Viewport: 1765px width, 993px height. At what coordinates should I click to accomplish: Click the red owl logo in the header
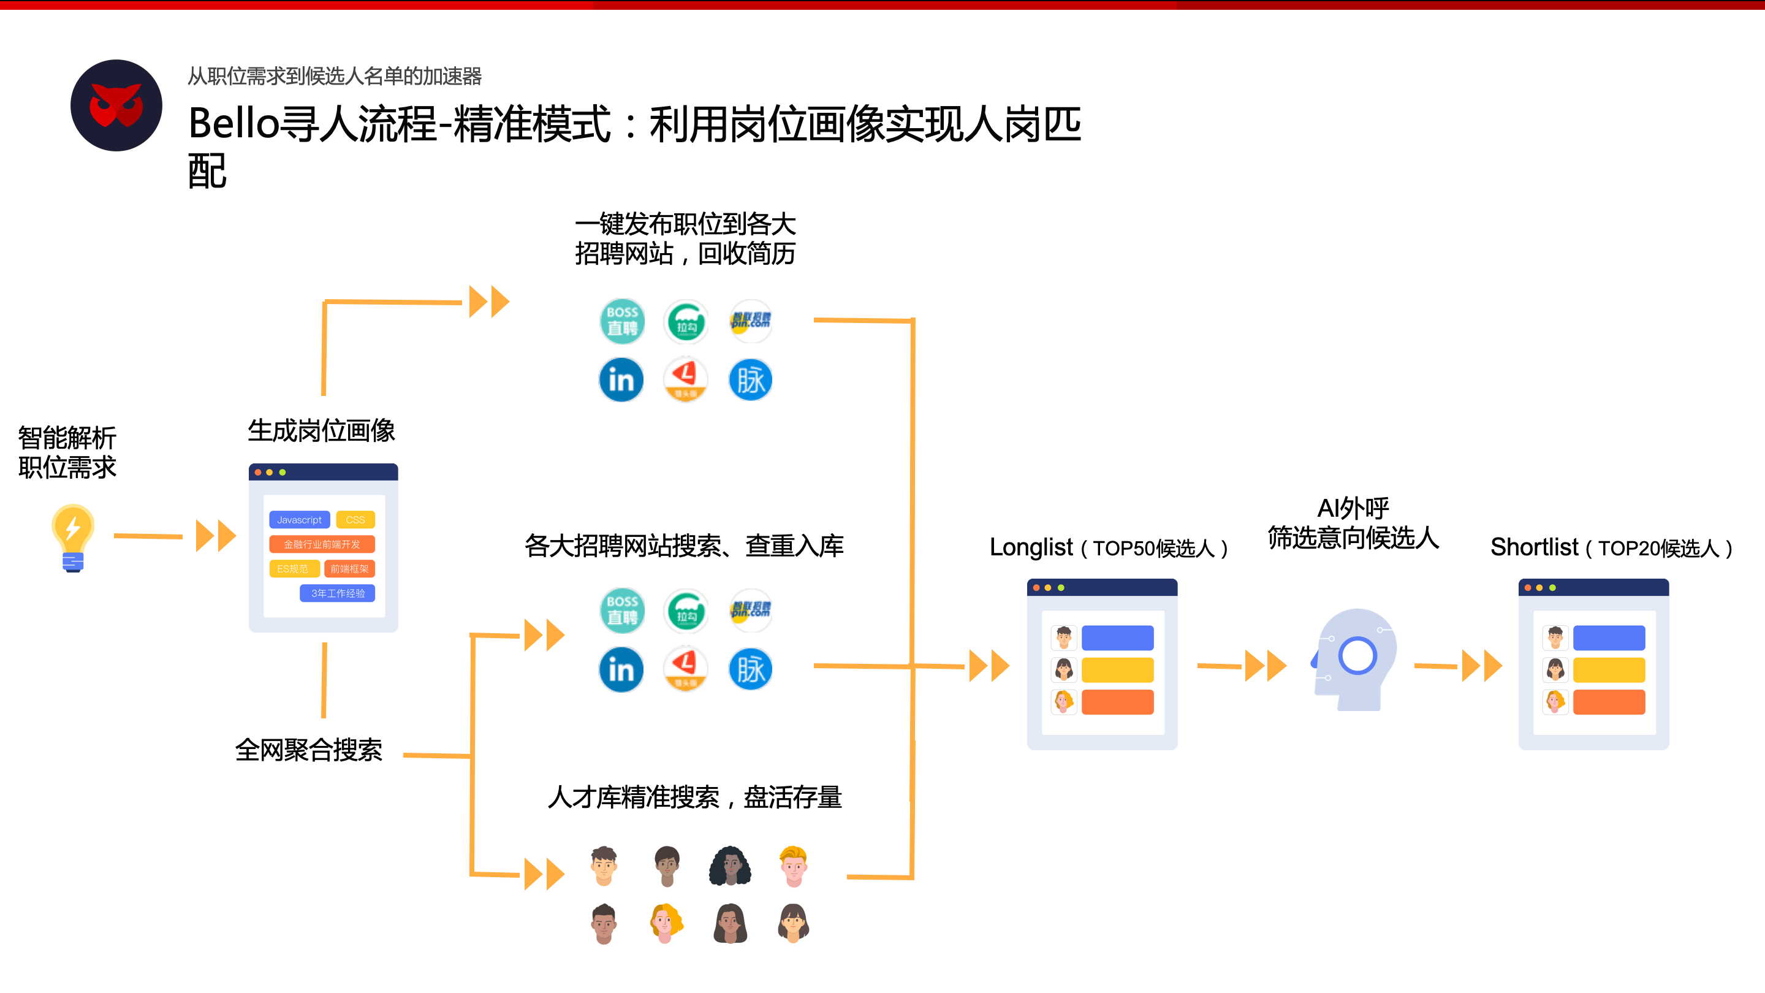click(116, 105)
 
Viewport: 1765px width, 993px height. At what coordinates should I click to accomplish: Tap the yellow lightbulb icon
click(73, 536)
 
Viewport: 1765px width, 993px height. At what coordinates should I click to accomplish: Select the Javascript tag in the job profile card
click(300, 519)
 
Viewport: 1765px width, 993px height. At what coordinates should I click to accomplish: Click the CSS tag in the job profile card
click(355, 519)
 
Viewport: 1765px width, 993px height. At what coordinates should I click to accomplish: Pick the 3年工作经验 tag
click(337, 593)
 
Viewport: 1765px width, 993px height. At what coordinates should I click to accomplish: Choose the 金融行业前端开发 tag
click(322, 544)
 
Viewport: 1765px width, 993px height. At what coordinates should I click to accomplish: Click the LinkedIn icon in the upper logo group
click(621, 379)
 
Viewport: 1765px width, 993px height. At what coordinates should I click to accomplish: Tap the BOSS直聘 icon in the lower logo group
click(622, 610)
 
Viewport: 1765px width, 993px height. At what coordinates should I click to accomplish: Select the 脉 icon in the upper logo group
click(750, 379)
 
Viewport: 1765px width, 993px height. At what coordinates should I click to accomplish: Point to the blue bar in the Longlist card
click(1117, 637)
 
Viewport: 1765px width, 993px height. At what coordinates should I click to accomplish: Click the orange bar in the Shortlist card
click(1608, 702)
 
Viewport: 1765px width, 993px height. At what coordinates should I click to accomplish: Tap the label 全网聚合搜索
click(308, 750)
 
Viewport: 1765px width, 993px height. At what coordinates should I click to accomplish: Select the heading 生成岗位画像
click(321, 430)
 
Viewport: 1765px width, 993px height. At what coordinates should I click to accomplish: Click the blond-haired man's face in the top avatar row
click(794, 866)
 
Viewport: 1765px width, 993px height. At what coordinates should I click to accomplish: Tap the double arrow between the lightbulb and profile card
click(216, 536)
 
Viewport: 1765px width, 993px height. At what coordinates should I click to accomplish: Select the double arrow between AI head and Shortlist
click(1481, 666)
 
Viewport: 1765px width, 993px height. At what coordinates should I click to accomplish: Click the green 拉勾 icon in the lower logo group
click(686, 610)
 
